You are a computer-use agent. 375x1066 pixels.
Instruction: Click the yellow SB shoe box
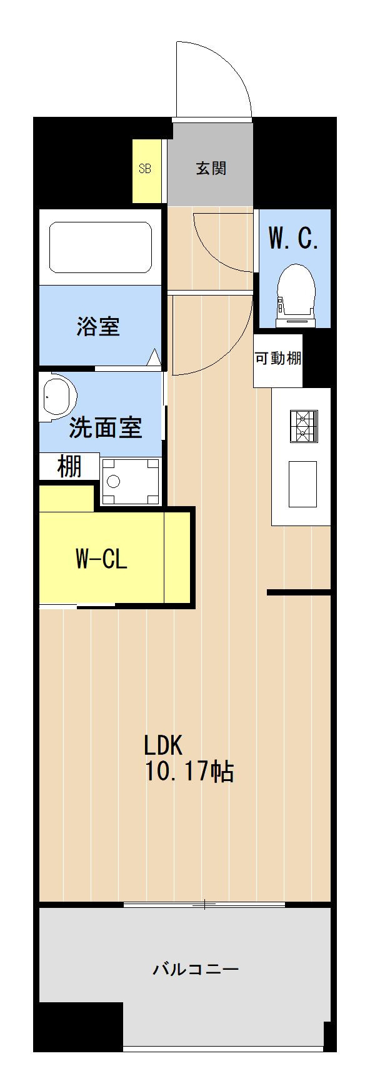point(145,171)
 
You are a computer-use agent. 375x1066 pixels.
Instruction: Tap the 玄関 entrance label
point(211,168)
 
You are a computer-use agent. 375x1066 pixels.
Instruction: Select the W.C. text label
point(293,239)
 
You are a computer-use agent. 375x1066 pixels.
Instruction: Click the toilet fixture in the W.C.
point(296,295)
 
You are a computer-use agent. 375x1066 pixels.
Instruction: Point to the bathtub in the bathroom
point(101,247)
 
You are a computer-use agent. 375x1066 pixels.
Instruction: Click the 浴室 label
point(98,326)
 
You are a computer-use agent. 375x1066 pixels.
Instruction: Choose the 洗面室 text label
point(106,428)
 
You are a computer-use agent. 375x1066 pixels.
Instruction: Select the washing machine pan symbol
point(131,481)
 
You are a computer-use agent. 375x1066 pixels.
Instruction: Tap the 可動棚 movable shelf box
point(278,361)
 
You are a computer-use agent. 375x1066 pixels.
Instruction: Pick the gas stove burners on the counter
point(303,426)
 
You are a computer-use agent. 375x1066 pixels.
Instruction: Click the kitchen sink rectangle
point(302,484)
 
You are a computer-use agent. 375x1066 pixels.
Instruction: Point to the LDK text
point(163,745)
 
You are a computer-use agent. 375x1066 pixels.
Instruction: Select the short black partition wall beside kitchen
point(299,592)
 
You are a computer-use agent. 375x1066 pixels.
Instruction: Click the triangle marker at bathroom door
point(154,357)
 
